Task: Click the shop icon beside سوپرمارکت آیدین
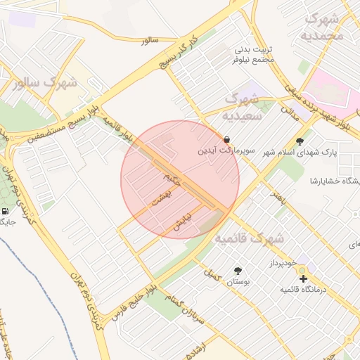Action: click(x=227, y=139)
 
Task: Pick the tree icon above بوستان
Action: click(x=238, y=270)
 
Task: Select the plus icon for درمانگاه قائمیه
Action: click(x=303, y=279)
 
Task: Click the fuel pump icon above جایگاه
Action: click(x=6, y=210)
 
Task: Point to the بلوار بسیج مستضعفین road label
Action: click(x=57, y=126)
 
